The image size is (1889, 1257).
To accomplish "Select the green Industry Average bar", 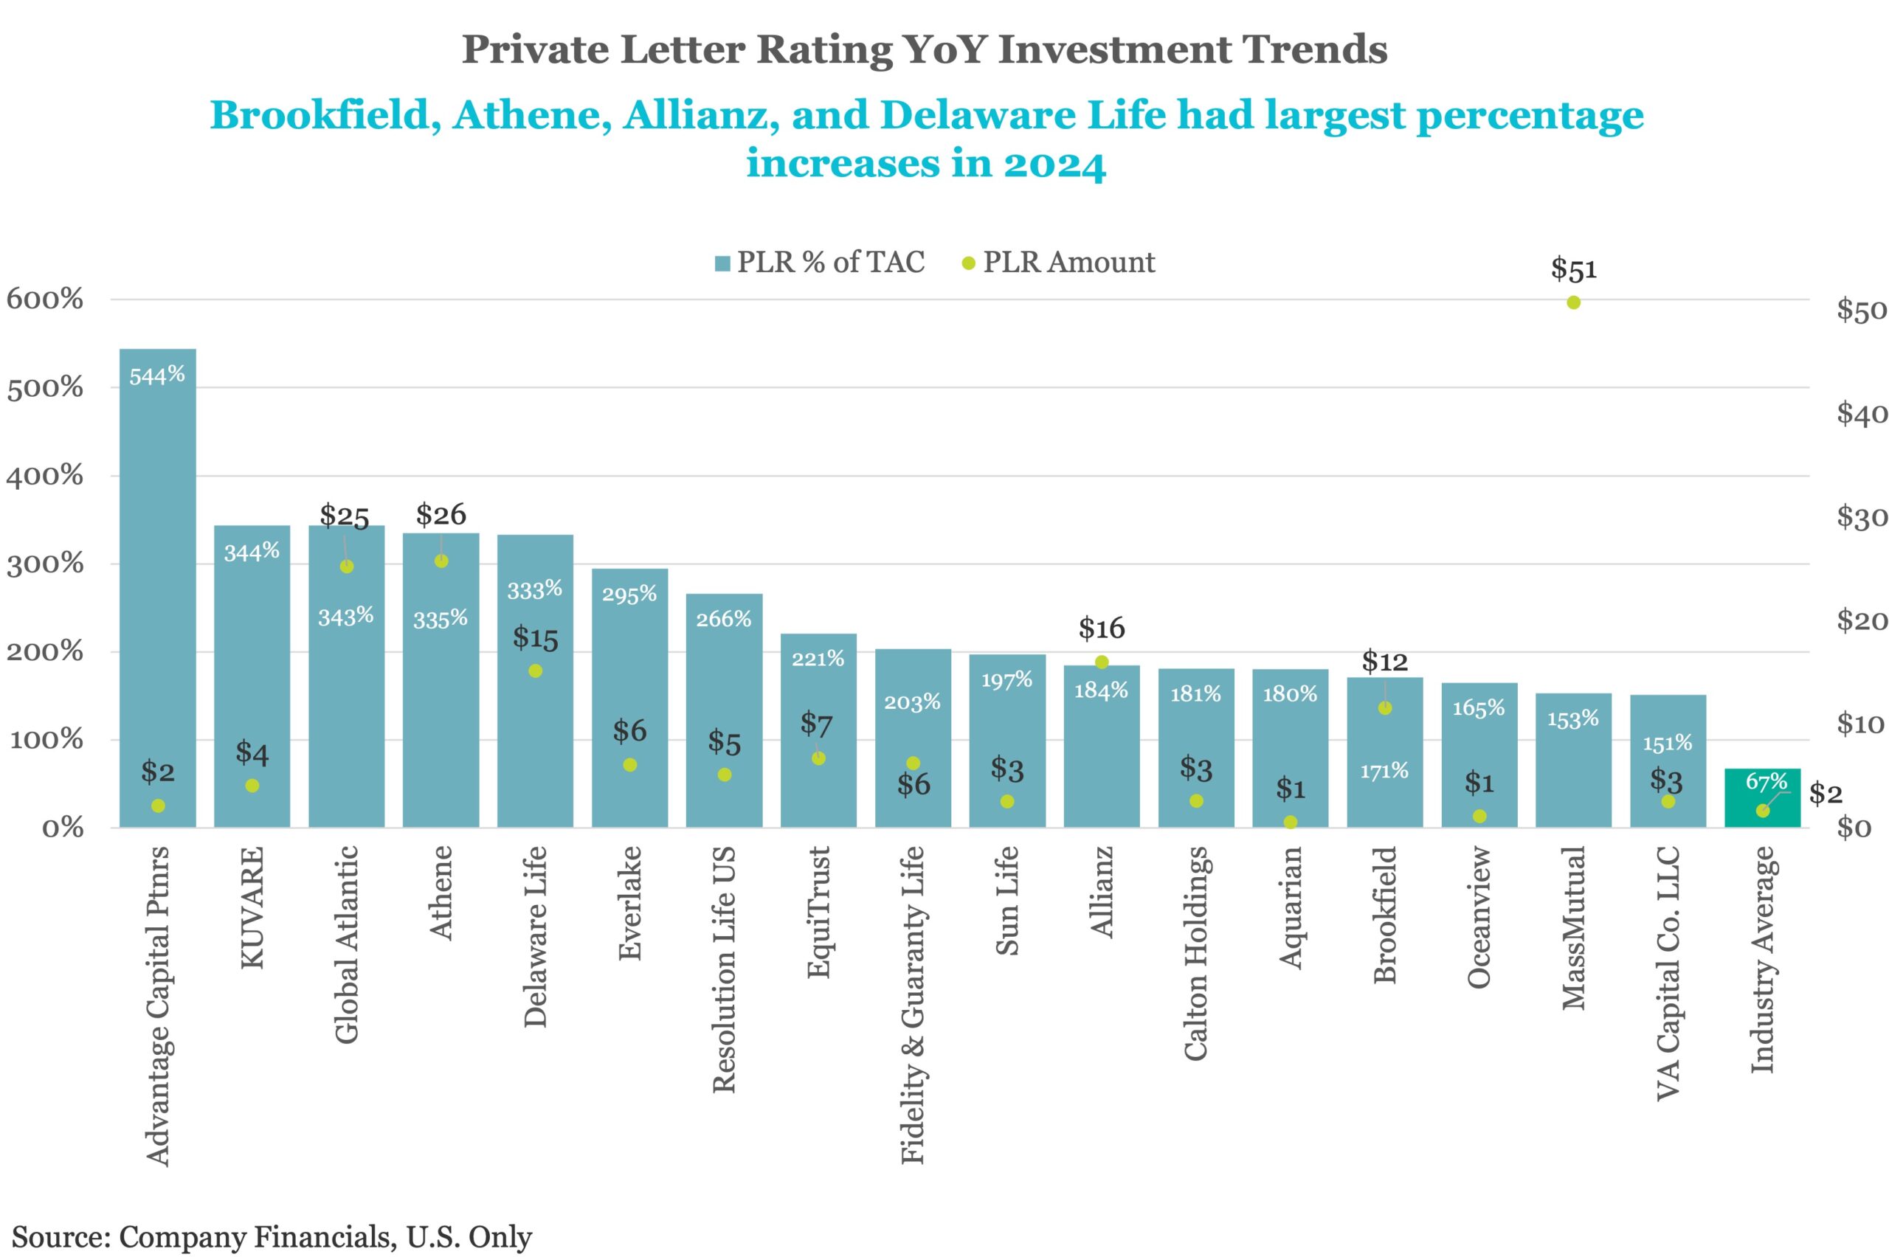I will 1762,798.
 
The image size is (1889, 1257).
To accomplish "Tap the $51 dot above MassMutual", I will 1573,302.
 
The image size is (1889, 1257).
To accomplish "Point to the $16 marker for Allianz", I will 1102,662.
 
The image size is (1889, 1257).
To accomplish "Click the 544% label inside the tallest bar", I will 157,375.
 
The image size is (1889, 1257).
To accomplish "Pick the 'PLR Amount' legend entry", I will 1058,262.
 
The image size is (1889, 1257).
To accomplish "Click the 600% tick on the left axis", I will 45,299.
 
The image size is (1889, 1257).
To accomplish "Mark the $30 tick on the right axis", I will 1862,517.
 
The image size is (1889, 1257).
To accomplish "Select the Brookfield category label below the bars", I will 1385,914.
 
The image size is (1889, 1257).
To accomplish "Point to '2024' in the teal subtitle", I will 1054,165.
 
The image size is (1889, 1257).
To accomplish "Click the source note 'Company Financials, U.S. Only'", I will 325,1237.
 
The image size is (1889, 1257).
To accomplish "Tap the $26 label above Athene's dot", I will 441,515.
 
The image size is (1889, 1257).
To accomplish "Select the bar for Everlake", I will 629,697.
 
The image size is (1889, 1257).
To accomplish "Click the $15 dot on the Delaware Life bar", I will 535,671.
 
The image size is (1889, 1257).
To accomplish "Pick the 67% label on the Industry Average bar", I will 1767,780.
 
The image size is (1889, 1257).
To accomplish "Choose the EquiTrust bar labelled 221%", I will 818,730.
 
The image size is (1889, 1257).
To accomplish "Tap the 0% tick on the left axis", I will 63,828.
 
